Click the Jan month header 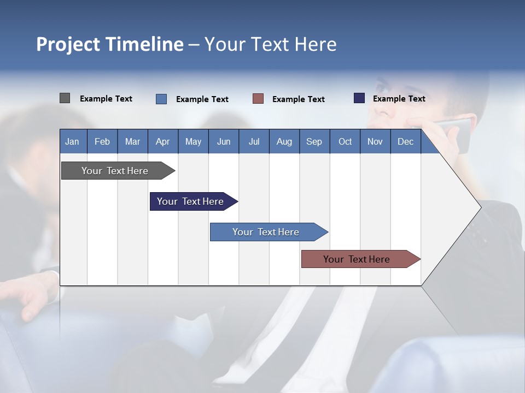click(x=72, y=141)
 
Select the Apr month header click(x=162, y=141)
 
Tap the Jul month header click(x=254, y=141)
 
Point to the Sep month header click(x=314, y=141)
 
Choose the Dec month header click(x=405, y=141)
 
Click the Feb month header click(x=102, y=141)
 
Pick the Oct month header click(x=345, y=141)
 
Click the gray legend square click(x=65, y=98)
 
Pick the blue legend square click(x=161, y=99)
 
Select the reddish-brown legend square click(x=258, y=99)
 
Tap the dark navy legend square click(x=359, y=98)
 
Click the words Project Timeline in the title click(x=110, y=44)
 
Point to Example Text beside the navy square click(x=399, y=99)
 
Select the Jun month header click(x=224, y=141)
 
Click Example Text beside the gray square click(x=106, y=99)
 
